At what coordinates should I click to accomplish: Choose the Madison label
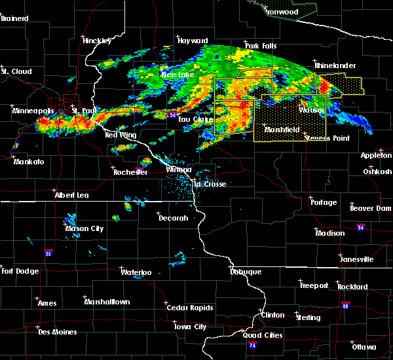pos(329,233)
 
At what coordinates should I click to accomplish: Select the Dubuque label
pos(246,272)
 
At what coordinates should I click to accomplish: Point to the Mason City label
pos(84,228)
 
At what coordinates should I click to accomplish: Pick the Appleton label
pos(376,155)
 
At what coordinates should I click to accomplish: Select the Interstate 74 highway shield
pos(253,344)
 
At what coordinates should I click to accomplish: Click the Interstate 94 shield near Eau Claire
pos(172,115)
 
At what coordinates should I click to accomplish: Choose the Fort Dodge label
pos(20,271)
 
